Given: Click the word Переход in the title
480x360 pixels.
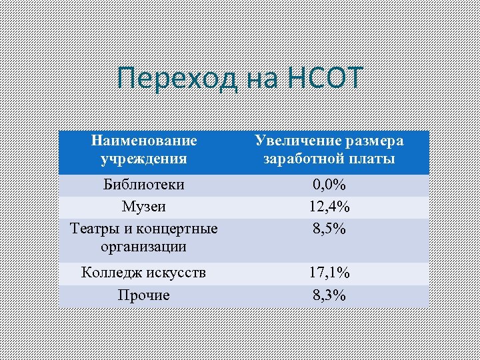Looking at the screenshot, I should [176, 79].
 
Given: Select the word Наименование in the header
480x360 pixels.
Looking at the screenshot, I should [144, 141].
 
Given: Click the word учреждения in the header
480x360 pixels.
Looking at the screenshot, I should [144, 159].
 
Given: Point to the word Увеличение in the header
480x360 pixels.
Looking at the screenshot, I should [291, 141].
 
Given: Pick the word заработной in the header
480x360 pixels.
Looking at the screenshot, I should [304, 159].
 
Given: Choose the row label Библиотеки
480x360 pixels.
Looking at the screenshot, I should [144, 184].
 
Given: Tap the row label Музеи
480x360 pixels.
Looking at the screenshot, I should [144, 207].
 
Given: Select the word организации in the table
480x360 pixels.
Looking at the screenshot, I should [144, 247].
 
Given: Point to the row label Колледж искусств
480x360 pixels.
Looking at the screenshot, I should [144, 273].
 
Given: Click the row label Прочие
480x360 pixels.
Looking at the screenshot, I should [144, 295].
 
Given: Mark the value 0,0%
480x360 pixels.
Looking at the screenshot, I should [329, 184].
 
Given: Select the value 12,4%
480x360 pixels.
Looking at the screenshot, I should [329, 207].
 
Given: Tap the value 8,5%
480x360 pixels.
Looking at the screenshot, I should [329, 229].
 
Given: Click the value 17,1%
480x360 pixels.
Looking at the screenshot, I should [329, 273].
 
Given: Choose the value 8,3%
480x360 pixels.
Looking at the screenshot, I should [329, 295].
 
